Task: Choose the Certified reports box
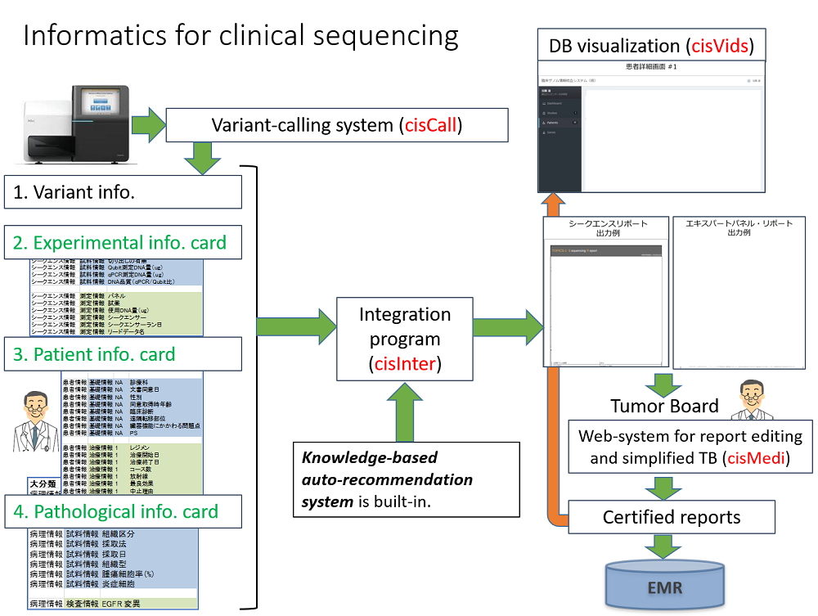tap(671, 517)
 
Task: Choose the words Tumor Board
tap(664, 406)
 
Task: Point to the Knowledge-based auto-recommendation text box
tap(407, 479)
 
